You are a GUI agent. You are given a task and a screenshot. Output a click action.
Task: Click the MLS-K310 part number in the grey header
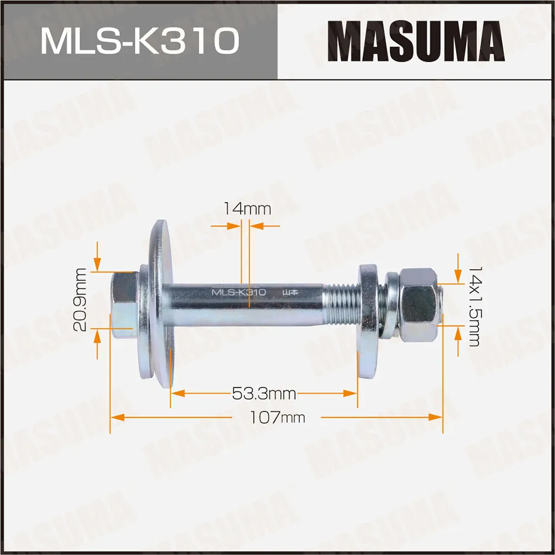139,42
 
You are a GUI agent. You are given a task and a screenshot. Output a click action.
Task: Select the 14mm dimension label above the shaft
246,209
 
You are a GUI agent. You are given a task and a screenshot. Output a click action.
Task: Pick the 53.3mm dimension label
264,394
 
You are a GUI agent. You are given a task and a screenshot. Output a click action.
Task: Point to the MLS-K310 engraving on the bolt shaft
239,292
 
